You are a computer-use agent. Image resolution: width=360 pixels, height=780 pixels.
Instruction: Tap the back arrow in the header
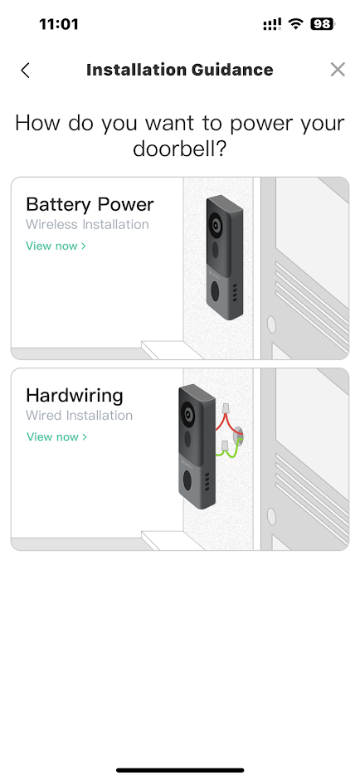(26, 71)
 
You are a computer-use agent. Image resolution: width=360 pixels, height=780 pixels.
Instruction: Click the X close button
(338, 70)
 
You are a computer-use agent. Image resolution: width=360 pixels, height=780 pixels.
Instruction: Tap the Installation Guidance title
(179, 70)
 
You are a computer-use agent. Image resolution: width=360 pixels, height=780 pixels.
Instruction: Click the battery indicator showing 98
(323, 24)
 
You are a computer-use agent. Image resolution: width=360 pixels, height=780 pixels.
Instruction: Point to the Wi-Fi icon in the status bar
(297, 24)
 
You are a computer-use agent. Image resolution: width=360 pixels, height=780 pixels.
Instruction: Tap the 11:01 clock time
(59, 24)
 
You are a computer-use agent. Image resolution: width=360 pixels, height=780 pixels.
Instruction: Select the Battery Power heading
(90, 204)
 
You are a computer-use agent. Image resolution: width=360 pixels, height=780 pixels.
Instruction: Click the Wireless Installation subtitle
(88, 224)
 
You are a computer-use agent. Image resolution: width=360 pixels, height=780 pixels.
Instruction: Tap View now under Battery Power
(56, 246)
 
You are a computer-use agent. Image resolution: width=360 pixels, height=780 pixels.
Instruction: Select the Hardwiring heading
(75, 396)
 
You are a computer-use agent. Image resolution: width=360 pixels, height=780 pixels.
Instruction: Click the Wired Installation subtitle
(79, 416)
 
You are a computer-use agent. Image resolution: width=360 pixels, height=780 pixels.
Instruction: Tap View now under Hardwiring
(56, 436)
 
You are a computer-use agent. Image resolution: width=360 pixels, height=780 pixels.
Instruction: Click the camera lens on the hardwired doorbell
(188, 414)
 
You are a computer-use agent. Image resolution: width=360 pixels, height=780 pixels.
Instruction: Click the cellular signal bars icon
(272, 24)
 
